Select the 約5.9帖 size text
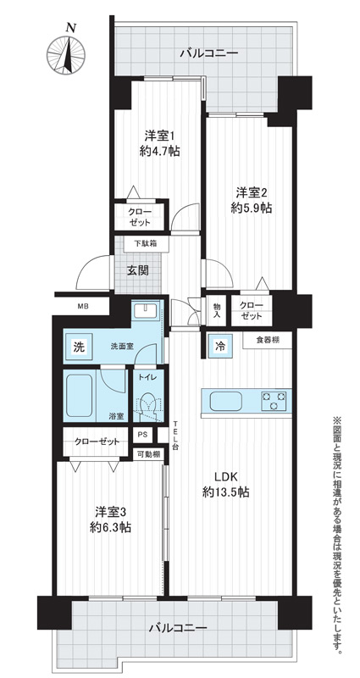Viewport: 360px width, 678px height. (x=251, y=208)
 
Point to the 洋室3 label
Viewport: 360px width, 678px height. (x=111, y=512)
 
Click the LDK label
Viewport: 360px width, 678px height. (x=225, y=477)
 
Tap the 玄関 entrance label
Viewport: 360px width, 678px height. (x=137, y=270)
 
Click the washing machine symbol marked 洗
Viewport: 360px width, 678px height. (x=78, y=347)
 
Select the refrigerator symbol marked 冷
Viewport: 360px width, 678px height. (x=220, y=346)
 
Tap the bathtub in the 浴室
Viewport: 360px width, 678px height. (x=80, y=394)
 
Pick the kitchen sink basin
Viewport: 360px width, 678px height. (x=225, y=401)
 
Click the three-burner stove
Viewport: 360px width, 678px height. (x=274, y=400)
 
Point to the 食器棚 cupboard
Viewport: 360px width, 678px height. (x=267, y=340)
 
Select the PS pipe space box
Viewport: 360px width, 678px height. (x=141, y=435)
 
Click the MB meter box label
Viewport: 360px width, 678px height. (x=82, y=307)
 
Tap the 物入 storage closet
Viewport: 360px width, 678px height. (x=217, y=309)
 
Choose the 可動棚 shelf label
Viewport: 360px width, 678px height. (x=147, y=454)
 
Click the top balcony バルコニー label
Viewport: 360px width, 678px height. (x=209, y=54)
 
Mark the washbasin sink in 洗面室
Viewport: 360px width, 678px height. (x=147, y=310)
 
